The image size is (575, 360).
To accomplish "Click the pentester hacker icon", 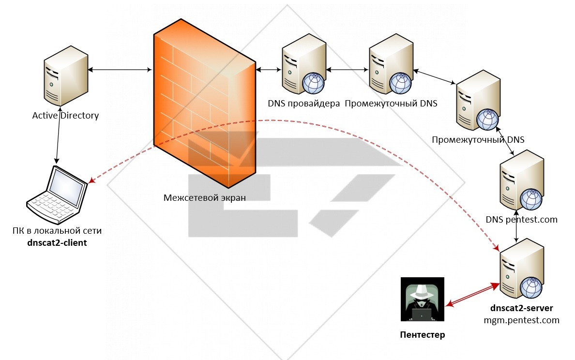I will click(423, 299).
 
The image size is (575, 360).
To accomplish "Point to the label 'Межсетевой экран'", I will click(204, 197).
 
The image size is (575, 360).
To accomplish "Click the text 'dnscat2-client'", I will click(57, 242).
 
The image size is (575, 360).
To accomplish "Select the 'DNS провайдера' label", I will click(303, 103).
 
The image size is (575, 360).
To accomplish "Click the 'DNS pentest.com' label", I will click(521, 220).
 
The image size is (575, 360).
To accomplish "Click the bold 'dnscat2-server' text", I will click(521, 308).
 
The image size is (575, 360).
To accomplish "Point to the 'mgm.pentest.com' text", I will click(521, 320).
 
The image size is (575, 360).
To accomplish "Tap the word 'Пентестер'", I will click(422, 335).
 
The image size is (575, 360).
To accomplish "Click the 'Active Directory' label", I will click(65, 116).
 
